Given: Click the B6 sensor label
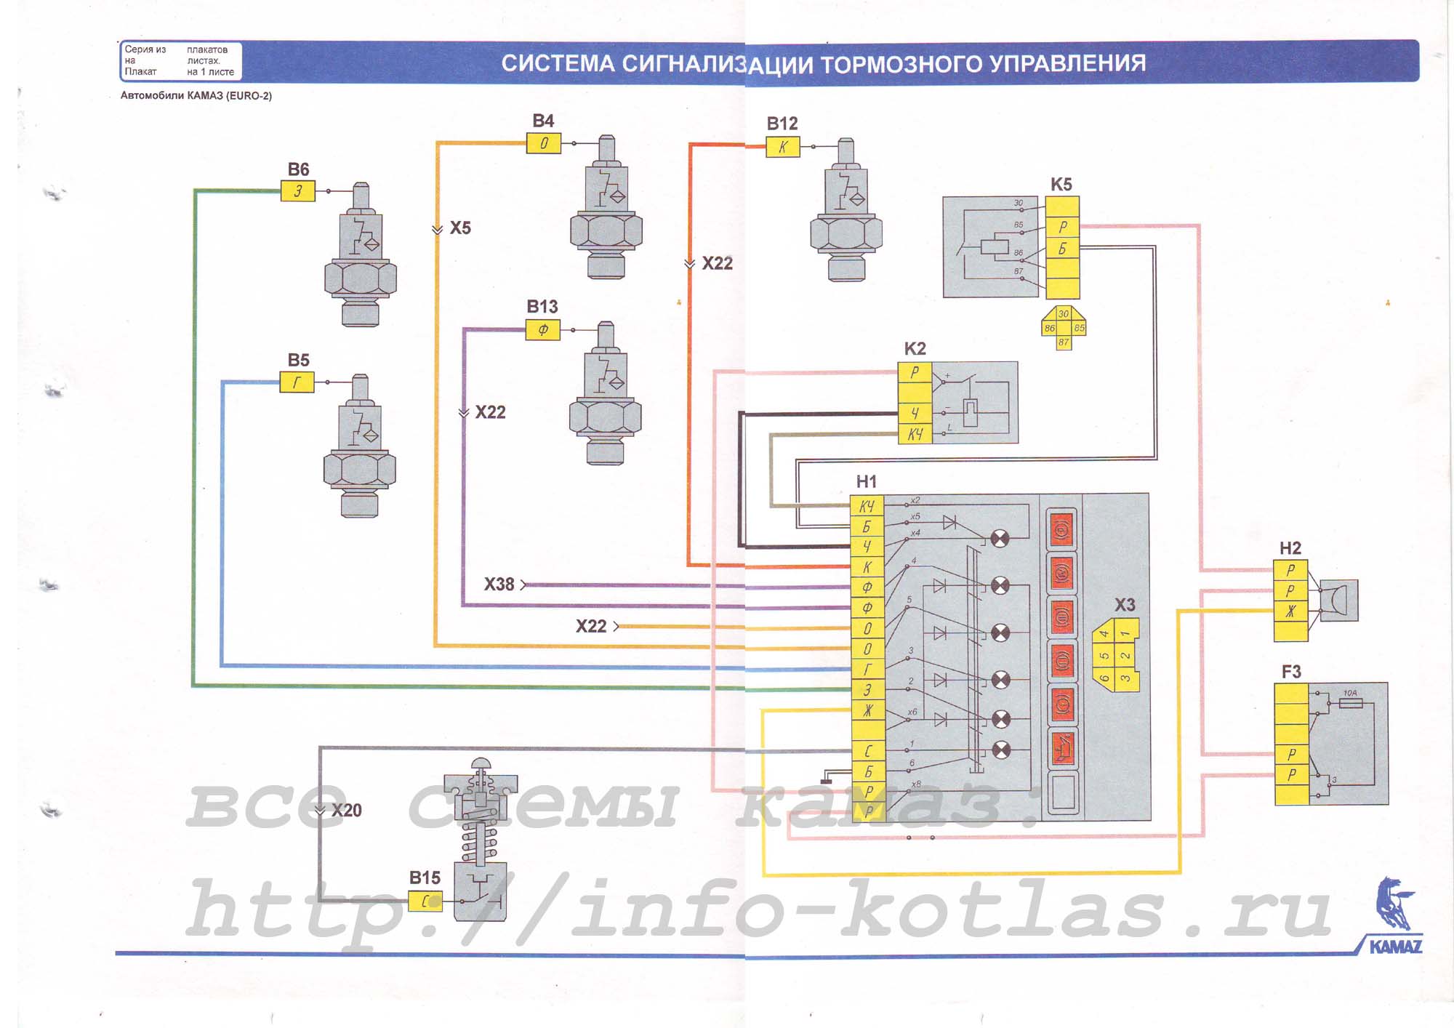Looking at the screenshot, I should [298, 169].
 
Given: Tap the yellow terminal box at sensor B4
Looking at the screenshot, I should [544, 143].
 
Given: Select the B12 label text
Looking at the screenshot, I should [782, 124].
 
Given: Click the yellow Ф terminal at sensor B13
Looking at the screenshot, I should [543, 330].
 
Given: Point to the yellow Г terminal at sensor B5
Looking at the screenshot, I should [297, 382].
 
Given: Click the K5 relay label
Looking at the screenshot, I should [1061, 185].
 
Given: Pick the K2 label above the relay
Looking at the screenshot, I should [915, 349].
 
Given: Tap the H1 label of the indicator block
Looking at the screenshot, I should [867, 481].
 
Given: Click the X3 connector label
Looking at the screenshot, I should [1125, 605].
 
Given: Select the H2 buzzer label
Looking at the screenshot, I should [1290, 548].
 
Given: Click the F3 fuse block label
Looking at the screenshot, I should [1291, 672].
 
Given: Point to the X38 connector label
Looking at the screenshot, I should [499, 585].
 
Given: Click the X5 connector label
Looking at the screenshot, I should [460, 228].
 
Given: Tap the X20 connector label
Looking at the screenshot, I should [347, 811].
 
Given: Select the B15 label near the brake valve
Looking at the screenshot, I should [425, 878].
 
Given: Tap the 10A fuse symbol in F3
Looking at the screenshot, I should [1350, 703].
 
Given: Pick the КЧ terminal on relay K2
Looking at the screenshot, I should [915, 434].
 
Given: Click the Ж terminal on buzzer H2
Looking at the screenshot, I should [1290, 611].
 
